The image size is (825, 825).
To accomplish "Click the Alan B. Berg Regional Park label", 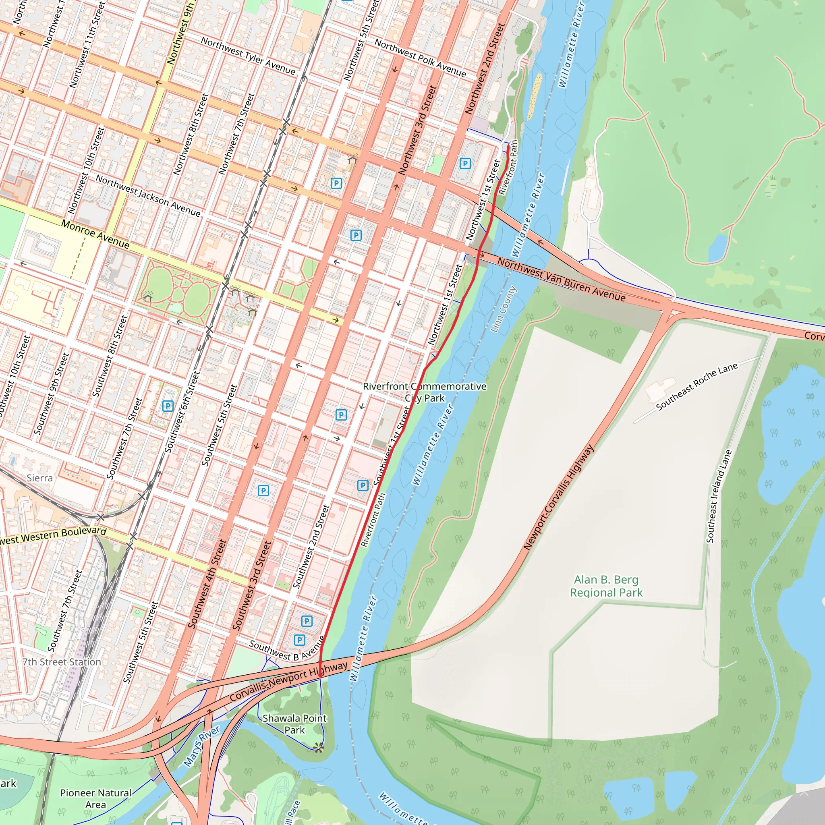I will point(606,586).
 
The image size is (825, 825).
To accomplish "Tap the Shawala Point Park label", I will point(294,724).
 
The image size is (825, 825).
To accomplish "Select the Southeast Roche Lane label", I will point(696,386).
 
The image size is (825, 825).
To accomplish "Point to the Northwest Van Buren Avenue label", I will point(561,280).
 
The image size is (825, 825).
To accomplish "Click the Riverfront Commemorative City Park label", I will point(425,392).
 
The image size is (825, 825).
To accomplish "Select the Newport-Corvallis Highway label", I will point(558,497).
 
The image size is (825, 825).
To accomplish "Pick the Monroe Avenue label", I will point(95,234).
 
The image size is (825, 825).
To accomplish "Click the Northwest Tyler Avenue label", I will point(248,56).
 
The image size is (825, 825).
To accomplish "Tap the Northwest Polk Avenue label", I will point(420,58).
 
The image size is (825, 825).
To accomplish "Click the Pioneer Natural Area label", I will point(95,798).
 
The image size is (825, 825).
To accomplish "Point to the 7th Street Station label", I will point(62,662).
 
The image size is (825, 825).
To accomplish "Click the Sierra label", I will point(40,478).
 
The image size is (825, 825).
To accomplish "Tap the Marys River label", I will point(201,746).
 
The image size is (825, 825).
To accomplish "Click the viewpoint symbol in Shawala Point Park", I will point(318,747).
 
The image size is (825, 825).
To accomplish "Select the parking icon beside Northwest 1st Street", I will point(464,163).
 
